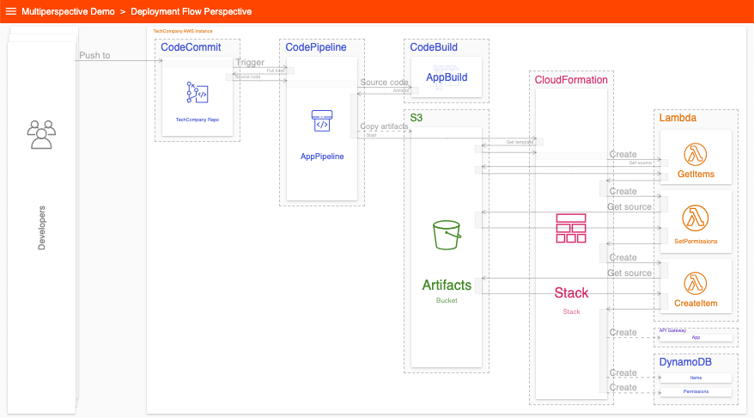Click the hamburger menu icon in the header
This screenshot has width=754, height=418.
tap(11, 11)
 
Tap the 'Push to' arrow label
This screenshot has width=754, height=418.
tap(94, 55)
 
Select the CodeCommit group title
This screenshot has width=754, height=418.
tap(191, 46)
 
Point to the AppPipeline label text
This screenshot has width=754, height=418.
tap(322, 157)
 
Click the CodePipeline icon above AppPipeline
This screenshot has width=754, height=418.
tap(322, 122)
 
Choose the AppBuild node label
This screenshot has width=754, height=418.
tap(447, 77)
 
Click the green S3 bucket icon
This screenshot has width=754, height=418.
tap(447, 235)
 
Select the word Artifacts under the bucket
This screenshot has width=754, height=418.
tap(447, 285)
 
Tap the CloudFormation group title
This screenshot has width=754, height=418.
tap(571, 80)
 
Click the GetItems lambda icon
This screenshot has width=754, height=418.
tap(696, 154)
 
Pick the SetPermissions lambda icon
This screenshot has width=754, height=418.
tap(696, 218)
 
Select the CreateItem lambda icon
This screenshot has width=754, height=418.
tap(696, 282)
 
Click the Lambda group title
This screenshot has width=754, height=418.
tap(678, 117)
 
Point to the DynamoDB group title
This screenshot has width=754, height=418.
tap(685, 362)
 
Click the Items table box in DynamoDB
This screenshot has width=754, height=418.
tap(696, 378)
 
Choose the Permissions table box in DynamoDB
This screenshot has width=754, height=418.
tap(696, 391)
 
